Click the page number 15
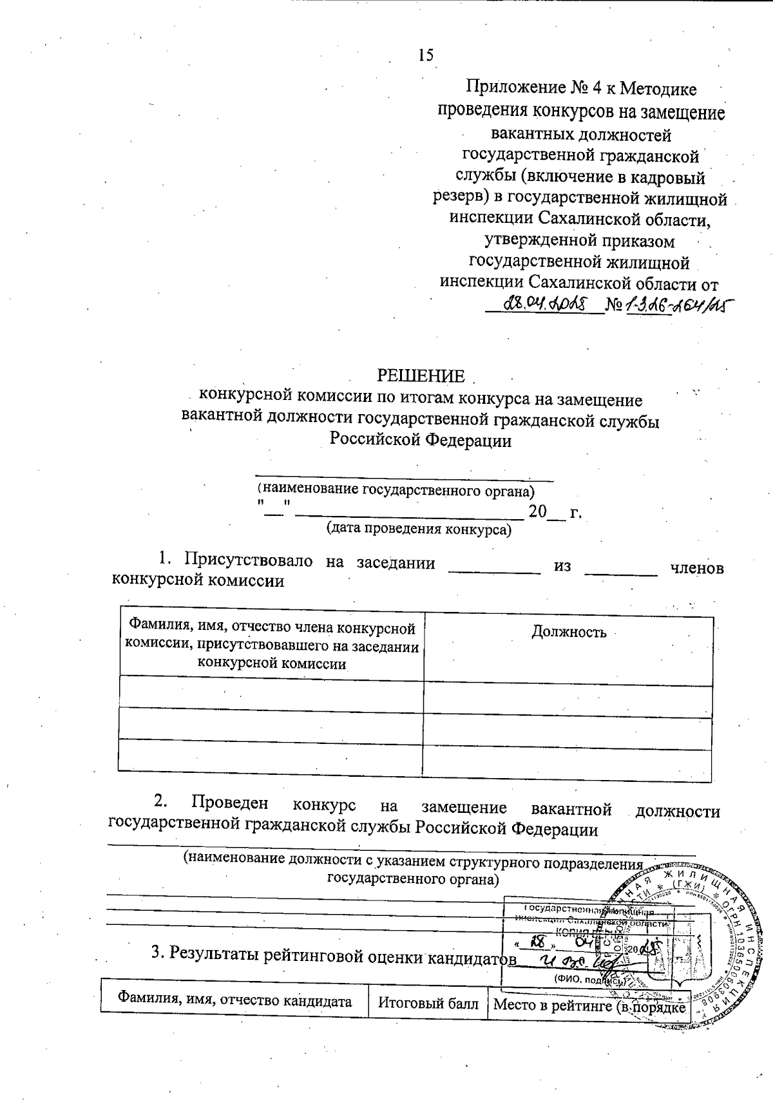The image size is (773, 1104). tap(425, 55)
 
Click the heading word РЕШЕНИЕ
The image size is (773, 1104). tap(421, 376)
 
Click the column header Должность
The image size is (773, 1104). tap(568, 632)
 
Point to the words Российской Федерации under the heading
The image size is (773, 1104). tap(421, 441)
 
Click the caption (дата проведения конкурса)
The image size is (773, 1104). tap(419, 529)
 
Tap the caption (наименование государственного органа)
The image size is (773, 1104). tap(396, 490)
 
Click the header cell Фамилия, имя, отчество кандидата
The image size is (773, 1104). tap(234, 1001)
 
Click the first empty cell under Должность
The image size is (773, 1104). tap(568, 701)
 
